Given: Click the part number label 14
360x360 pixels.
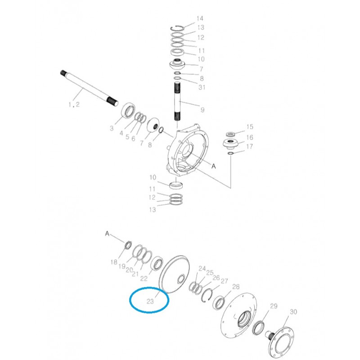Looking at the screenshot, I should [200, 18].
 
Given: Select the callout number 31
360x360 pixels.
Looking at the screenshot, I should [202, 87].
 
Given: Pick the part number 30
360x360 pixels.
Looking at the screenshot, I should [293, 312].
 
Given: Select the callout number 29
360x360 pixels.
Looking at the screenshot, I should [273, 306].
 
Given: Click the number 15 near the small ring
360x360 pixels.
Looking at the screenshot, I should [250, 127].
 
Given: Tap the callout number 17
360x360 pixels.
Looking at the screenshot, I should [250, 147].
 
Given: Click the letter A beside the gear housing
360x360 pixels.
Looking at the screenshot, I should [214, 166].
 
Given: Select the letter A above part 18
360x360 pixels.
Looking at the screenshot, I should [107, 233].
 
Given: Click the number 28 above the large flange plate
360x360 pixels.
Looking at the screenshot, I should [236, 287].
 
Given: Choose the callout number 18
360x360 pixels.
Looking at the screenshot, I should [114, 262].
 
